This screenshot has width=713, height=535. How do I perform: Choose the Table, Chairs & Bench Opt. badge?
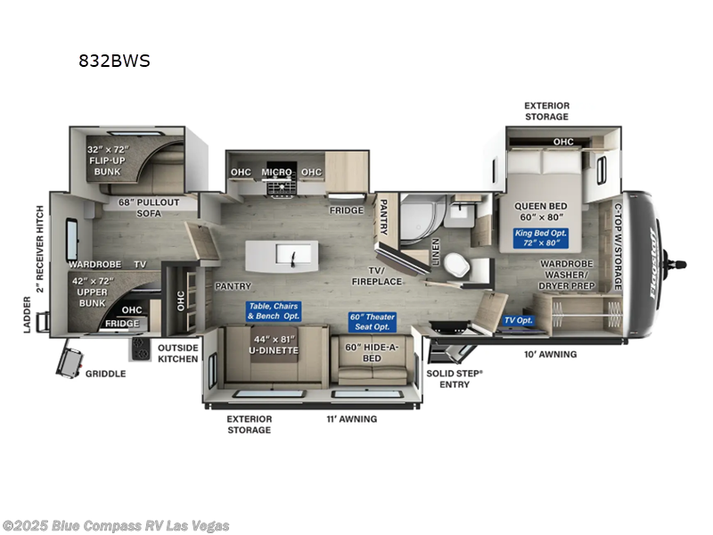pos(274,310)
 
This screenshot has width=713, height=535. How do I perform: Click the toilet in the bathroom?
pos(454,263)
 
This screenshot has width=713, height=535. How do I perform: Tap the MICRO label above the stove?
pos(277,172)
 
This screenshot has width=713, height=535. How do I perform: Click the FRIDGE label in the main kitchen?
pos(347,210)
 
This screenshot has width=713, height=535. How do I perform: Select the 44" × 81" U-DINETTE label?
pos(274,343)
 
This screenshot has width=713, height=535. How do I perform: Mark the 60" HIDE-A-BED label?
pos(372,352)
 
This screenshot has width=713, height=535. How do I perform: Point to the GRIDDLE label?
pos(106,374)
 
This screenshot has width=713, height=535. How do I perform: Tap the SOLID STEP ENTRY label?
pos(454,378)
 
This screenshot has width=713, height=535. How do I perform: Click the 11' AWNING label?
pos(352,418)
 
